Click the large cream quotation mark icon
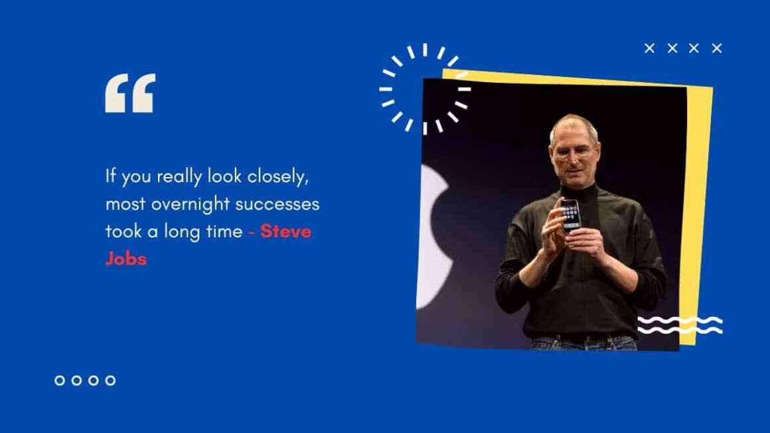point(130,93)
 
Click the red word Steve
point(285,231)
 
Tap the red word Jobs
point(125,258)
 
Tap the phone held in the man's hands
point(570,216)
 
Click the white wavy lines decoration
point(680,325)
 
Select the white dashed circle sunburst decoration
point(425,89)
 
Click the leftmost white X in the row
point(650,48)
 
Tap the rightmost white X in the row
point(717,48)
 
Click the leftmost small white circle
point(60,380)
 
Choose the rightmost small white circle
point(110,380)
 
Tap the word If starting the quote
point(111,177)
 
